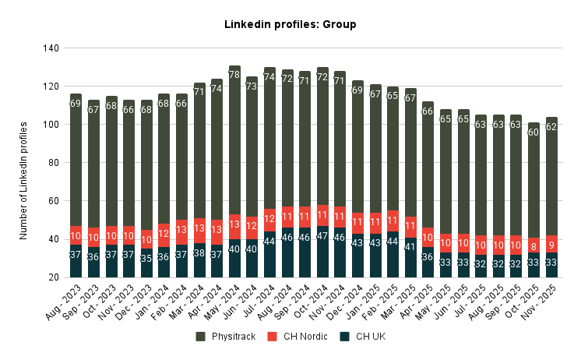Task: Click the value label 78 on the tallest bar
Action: click(x=234, y=75)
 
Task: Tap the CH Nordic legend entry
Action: click(x=305, y=337)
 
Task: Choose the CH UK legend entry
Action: click(x=371, y=337)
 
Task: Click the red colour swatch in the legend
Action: click(x=272, y=337)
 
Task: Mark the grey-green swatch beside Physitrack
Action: click(x=200, y=337)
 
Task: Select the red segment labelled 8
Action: click(x=533, y=246)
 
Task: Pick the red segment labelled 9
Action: click(x=551, y=245)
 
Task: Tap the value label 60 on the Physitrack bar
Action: click(x=533, y=132)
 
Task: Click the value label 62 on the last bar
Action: click(x=551, y=127)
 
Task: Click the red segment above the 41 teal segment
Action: click(x=410, y=227)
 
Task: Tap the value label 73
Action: click(x=252, y=86)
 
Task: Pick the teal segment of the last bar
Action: click(x=551, y=266)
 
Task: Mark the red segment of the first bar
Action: click(x=76, y=236)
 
